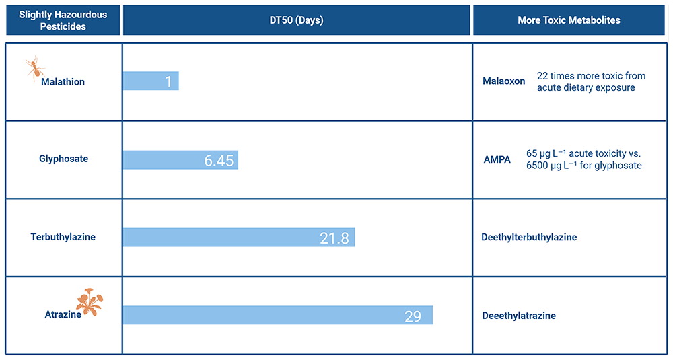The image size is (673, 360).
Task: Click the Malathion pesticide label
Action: (x=63, y=82)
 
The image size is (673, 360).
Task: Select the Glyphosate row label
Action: (x=63, y=159)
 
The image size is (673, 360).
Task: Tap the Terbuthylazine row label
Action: (x=63, y=237)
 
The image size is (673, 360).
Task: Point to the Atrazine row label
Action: (x=63, y=314)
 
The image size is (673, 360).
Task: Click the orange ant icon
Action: (x=35, y=68)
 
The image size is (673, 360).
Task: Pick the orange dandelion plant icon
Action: (x=90, y=302)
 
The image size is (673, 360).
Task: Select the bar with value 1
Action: (x=151, y=81)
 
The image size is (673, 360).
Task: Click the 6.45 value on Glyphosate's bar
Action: (x=219, y=160)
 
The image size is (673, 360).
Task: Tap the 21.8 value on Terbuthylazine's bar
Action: (x=334, y=238)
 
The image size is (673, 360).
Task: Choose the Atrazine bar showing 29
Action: (x=278, y=316)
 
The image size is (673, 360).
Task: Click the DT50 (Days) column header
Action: (x=297, y=20)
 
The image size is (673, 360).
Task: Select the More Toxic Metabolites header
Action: (x=569, y=20)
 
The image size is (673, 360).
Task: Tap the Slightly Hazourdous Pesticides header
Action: (x=63, y=20)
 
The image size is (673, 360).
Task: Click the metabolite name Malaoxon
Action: (x=504, y=81)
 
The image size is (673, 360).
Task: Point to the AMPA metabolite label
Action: (x=497, y=159)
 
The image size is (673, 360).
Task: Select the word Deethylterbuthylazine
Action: (x=529, y=238)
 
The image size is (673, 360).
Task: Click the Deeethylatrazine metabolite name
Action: (x=519, y=316)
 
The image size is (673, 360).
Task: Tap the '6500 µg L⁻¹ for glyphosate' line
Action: (x=584, y=166)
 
